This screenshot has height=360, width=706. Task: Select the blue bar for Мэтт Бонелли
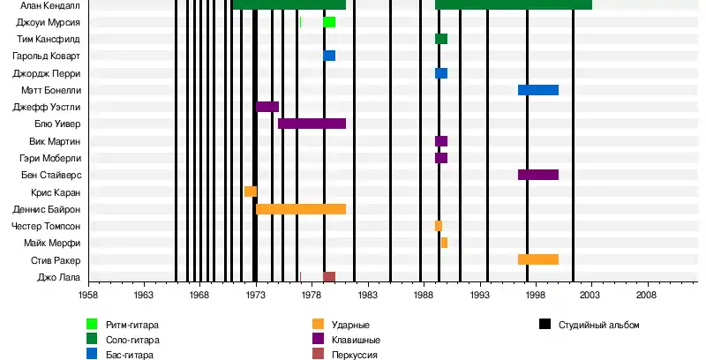pyautogui.click(x=537, y=90)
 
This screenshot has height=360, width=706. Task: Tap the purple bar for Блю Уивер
pyautogui.click(x=312, y=124)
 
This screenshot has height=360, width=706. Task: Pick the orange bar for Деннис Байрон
pyautogui.click(x=300, y=209)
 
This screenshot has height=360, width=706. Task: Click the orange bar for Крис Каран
pyautogui.click(x=251, y=191)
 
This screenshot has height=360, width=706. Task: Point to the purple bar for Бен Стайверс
pyautogui.click(x=537, y=175)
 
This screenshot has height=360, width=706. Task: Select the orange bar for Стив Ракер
pyautogui.click(x=537, y=259)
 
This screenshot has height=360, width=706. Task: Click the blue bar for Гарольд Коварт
pyautogui.click(x=329, y=56)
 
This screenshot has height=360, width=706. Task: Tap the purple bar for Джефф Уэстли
pyautogui.click(x=267, y=107)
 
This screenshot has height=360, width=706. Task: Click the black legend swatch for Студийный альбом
pyautogui.click(x=545, y=325)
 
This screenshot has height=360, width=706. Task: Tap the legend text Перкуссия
pyautogui.click(x=354, y=354)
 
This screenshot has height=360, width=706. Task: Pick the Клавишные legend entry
pyautogui.click(x=356, y=340)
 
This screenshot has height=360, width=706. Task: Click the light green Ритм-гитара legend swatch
pyautogui.click(x=92, y=325)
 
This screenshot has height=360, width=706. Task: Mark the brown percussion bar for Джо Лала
pyautogui.click(x=329, y=277)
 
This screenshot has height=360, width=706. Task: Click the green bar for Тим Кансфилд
pyautogui.click(x=441, y=39)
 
